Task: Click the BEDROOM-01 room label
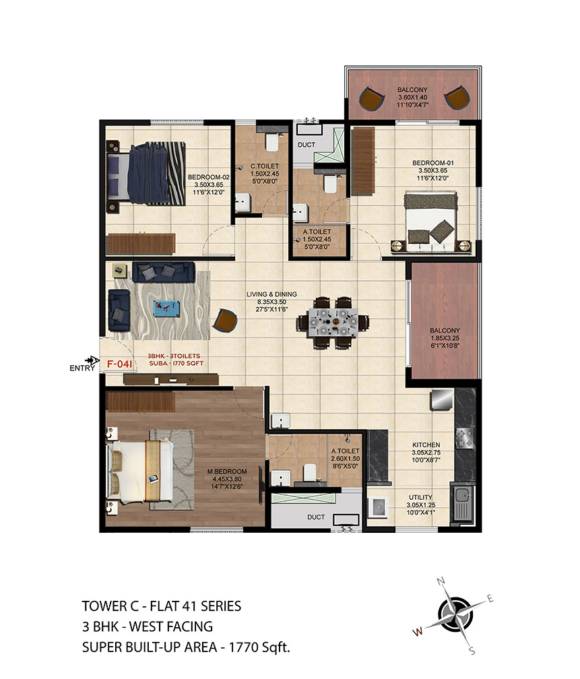coord(432,163)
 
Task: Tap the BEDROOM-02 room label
coord(208,177)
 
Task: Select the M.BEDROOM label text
coord(227,471)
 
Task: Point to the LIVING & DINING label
coord(271,294)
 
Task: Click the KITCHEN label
coord(426,445)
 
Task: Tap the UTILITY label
coord(420,497)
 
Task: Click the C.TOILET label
coord(265,166)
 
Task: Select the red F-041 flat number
coord(119,364)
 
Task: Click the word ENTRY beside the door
coord(82,368)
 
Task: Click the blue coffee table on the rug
coord(167,309)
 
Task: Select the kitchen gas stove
coord(465,438)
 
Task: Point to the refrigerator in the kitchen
coord(442,400)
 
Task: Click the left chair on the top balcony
coord(372,99)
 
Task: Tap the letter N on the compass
coord(441,581)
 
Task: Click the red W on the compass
coord(418,632)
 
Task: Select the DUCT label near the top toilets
coord(307,145)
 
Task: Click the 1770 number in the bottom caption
coord(245,647)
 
